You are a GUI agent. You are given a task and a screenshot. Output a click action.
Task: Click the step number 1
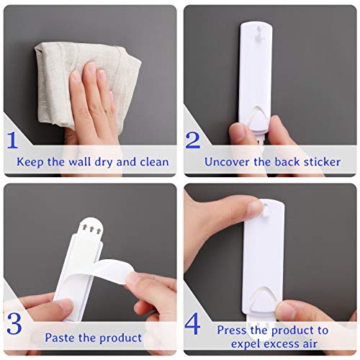point(13,138)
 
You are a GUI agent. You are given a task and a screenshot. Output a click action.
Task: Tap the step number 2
point(193,138)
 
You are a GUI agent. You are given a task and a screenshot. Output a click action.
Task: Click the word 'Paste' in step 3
point(61,337)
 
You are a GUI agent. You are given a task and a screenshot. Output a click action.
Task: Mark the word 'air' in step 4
point(320,345)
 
